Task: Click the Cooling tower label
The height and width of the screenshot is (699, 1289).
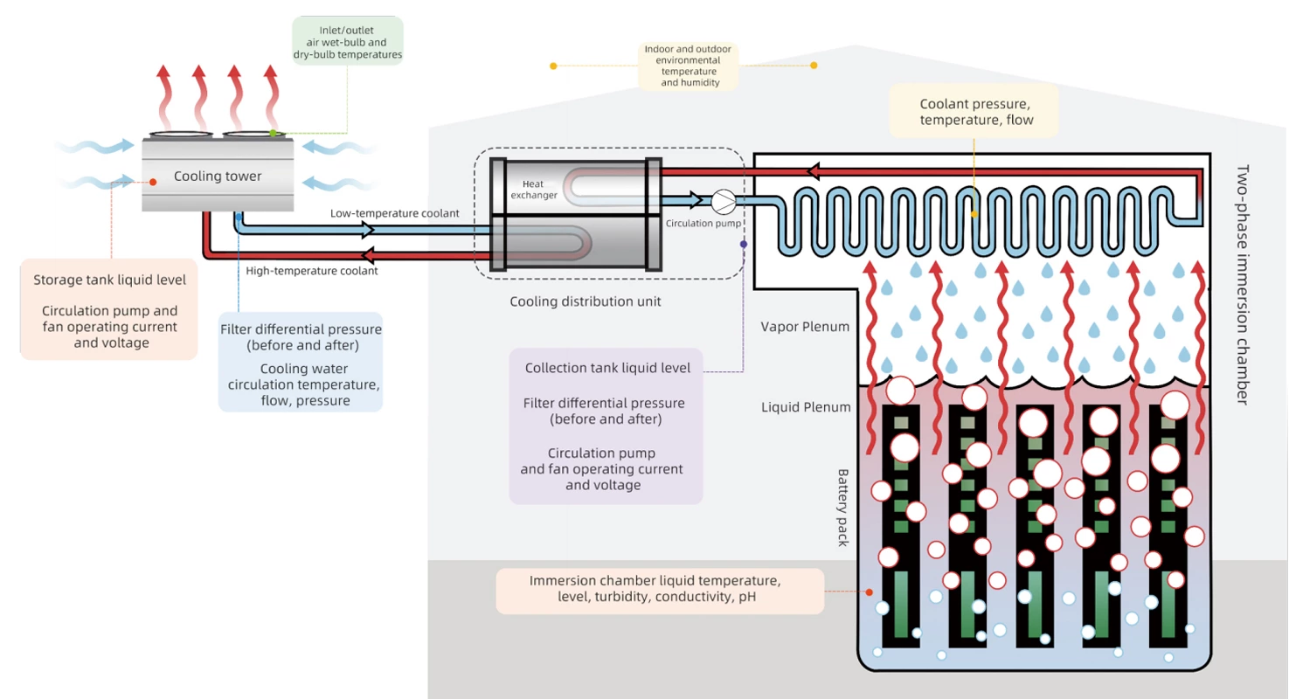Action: [218, 176]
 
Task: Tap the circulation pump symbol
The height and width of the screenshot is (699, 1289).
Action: [723, 202]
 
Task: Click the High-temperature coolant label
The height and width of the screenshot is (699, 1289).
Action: [312, 271]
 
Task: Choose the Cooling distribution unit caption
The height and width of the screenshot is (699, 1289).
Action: [586, 301]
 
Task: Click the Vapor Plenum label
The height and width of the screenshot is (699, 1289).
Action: [806, 327]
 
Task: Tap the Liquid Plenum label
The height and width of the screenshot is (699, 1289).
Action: [806, 407]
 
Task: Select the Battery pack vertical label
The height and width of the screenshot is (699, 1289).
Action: [843, 508]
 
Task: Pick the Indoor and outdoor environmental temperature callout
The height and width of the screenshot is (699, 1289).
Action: [689, 66]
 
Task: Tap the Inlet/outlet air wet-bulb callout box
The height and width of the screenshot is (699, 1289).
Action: [347, 43]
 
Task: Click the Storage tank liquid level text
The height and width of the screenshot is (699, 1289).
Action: [109, 280]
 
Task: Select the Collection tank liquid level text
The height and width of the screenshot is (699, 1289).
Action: [607, 368]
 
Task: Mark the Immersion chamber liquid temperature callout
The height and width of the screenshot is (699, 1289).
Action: [660, 590]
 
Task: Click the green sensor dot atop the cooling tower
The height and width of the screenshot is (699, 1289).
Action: [274, 133]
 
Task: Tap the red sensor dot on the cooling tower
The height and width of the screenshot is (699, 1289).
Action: [153, 183]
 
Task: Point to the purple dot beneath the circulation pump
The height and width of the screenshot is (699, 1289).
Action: [744, 244]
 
